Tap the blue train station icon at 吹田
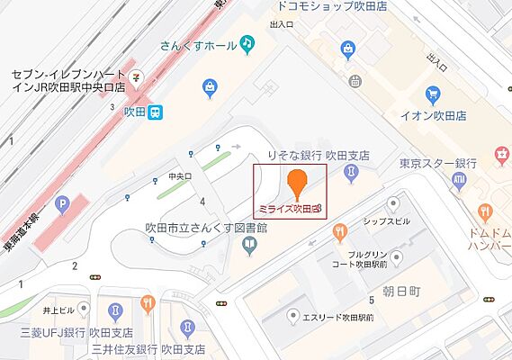[x=157, y=112]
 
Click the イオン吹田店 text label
[x=434, y=117]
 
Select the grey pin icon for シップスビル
[x=392, y=203]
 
